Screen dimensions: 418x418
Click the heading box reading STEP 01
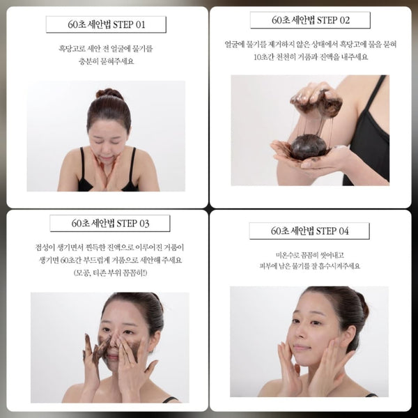coord(106,24)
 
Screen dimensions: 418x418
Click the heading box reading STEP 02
coord(310,20)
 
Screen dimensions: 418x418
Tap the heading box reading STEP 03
coord(110,224)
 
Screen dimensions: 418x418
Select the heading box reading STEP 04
coord(309,231)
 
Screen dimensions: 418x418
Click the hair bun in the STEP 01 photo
coord(109,93)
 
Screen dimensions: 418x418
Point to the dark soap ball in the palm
coord(309,146)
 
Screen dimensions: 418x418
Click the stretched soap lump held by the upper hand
coord(317,102)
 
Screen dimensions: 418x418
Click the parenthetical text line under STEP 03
coord(110,273)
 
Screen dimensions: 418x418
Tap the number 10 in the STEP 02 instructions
coord(258,57)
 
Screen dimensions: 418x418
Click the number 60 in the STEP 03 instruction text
coord(65,260)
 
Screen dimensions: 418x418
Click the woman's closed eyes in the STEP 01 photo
coord(107,141)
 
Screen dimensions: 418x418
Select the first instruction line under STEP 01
coord(106,49)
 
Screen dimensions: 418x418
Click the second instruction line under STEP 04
coord(309,266)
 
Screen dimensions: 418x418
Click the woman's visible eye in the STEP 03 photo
coord(128,332)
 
